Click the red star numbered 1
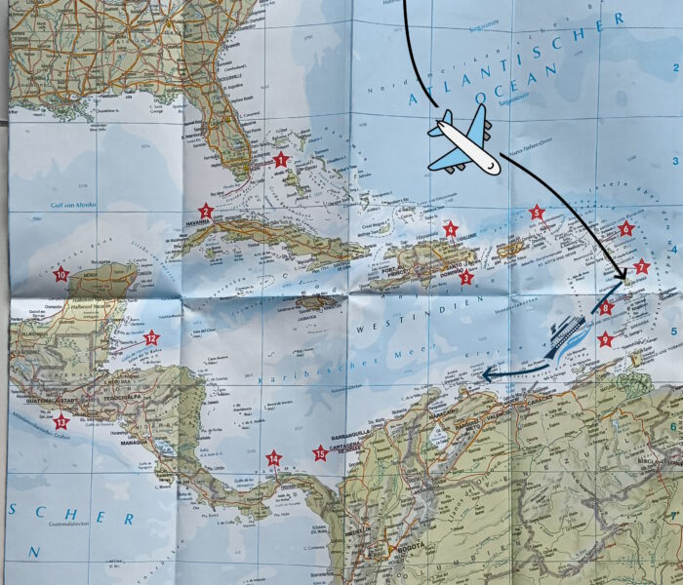click(281, 159)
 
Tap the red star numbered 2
click(206, 211)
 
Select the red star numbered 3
click(466, 278)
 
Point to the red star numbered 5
click(536, 212)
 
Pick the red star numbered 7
click(641, 266)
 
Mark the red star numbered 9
click(606, 339)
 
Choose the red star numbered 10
click(61, 275)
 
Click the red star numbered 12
click(151, 338)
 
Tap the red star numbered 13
click(61, 421)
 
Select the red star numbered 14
click(274, 457)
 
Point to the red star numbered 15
click(319, 451)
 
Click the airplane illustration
click(463, 142)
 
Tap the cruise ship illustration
click(566, 336)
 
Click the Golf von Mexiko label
click(72, 205)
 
